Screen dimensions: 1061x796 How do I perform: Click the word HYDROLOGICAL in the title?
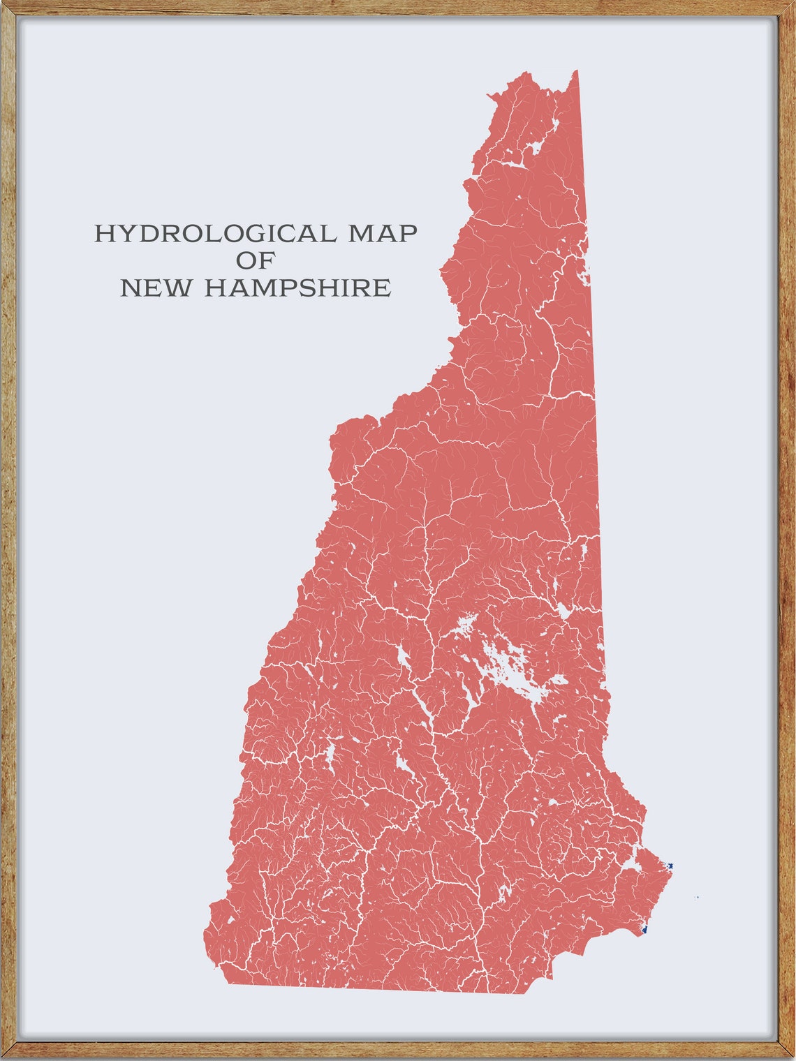[216, 234]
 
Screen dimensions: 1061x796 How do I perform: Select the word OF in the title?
[256, 260]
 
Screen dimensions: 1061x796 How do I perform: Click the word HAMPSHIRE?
[297, 288]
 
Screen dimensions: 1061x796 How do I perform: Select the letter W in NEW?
[179, 288]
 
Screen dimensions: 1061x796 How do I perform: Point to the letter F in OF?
[266, 260]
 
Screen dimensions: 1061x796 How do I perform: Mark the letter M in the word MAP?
[363, 234]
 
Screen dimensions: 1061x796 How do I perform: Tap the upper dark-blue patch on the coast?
[670, 866]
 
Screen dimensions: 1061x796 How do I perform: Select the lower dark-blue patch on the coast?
[644, 929]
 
